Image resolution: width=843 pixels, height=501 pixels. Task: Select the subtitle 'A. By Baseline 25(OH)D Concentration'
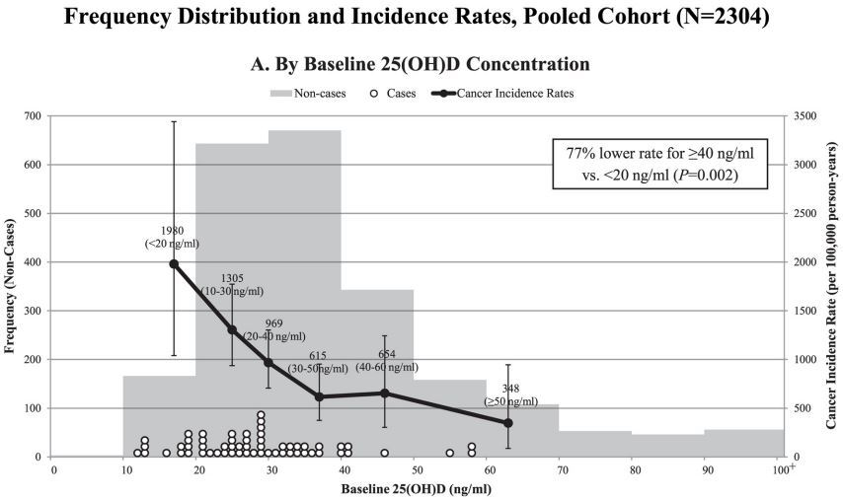(x=421, y=64)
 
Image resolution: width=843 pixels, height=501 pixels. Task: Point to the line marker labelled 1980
(x=174, y=263)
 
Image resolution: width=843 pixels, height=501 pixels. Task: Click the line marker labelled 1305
(x=232, y=329)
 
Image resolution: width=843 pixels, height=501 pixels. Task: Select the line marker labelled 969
(x=268, y=362)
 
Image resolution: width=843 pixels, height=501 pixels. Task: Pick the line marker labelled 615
(x=319, y=396)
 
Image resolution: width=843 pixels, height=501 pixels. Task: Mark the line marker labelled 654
(x=385, y=393)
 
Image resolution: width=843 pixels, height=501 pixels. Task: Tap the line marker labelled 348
(x=507, y=422)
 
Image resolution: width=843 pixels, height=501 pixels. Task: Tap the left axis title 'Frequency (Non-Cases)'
(x=10, y=286)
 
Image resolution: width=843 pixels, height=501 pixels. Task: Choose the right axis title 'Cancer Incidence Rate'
(x=833, y=286)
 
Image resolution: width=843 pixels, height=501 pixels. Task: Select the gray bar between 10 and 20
(x=159, y=415)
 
